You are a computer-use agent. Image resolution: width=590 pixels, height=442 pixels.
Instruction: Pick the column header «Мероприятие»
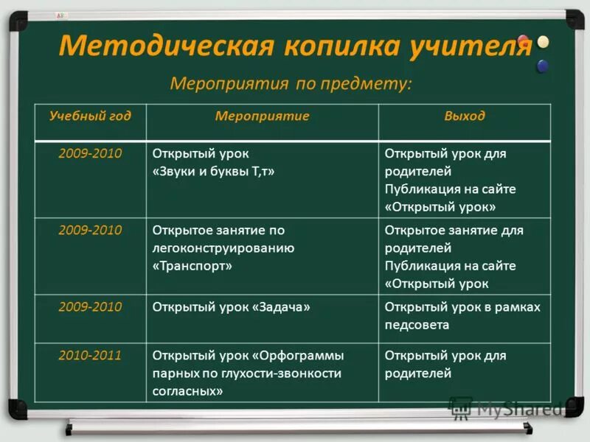pos(262,116)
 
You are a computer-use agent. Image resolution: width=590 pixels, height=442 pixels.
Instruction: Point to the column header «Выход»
pos(465,116)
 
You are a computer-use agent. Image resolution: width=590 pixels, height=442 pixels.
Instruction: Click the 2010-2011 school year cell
pos(90,355)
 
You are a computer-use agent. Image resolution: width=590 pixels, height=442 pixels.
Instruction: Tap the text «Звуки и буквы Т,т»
pos(213,172)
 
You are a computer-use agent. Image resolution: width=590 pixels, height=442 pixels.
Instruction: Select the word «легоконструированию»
pos(223,248)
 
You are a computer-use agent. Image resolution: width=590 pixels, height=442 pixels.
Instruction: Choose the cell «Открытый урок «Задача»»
pos(231,307)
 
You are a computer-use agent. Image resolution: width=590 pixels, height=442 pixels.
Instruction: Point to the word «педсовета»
pos(417,325)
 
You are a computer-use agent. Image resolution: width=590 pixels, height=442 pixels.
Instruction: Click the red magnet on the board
pos(524,41)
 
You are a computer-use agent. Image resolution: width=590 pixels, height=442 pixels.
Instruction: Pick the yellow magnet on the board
pos(544,42)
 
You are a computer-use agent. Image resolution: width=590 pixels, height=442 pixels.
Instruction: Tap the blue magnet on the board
pos(543,66)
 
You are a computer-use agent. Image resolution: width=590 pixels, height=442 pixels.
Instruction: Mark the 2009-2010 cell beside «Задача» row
pos(90,306)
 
